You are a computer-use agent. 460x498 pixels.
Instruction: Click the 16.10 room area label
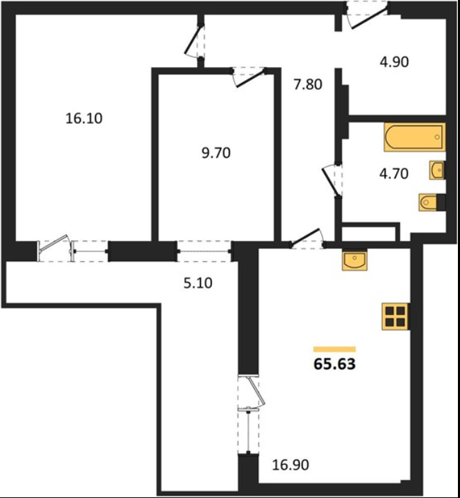coord(84,119)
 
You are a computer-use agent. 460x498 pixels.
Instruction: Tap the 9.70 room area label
coord(216,153)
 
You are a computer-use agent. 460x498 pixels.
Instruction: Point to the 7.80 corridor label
coord(308,84)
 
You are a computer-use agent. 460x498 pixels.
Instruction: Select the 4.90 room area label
coord(394,61)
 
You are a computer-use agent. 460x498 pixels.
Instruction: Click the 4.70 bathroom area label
coord(394,174)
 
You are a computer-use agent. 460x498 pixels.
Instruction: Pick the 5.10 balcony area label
coord(198,282)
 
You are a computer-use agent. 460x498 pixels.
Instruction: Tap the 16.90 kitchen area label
coord(290,465)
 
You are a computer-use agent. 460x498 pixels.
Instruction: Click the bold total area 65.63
coord(334,364)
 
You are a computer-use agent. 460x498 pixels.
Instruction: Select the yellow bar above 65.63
coord(334,349)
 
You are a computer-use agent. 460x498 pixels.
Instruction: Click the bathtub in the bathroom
coord(414,137)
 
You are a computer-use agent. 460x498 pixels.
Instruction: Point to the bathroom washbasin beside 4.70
coord(437,170)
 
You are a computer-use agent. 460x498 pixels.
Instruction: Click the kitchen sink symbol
coord(354,260)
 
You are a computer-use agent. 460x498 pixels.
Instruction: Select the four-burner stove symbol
coord(395,316)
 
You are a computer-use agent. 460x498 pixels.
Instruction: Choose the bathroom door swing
coord(332,180)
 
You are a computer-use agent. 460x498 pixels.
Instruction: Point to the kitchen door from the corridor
coord(307,238)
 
